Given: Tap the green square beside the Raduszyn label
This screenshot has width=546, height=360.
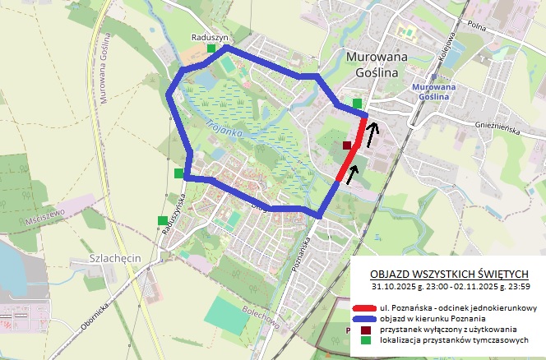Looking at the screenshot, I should (x=211, y=49).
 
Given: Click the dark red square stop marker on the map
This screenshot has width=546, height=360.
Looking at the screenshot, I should (x=347, y=145).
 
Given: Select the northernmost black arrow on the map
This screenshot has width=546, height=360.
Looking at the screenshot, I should (x=374, y=128).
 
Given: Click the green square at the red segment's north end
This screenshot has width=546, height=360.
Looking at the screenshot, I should (x=358, y=103).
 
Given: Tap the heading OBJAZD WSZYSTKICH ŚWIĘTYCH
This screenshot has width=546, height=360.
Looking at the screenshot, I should (x=448, y=274).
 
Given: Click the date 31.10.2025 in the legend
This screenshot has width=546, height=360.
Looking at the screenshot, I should (x=395, y=287).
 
